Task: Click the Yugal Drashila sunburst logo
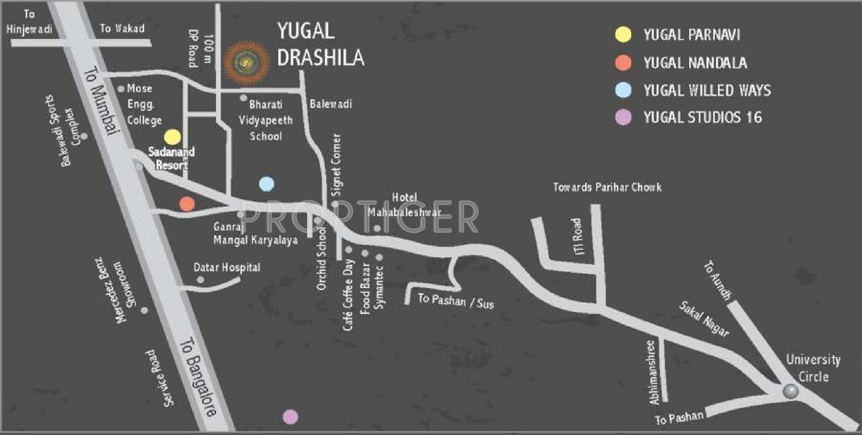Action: click(x=245, y=61)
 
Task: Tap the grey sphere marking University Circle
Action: click(x=790, y=391)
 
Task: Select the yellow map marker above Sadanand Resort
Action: click(x=172, y=137)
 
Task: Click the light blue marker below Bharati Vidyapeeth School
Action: click(x=266, y=184)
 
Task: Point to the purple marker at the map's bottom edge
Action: click(x=291, y=417)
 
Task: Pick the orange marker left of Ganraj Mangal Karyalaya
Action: click(x=187, y=204)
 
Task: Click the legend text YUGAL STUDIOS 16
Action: click(x=702, y=117)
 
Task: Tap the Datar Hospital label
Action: click(x=226, y=267)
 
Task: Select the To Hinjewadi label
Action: click(x=28, y=21)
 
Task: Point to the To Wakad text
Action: click(x=122, y=28)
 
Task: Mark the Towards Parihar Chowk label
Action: click(x=607, y=188)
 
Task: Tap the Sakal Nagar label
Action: click(x=703, y=319)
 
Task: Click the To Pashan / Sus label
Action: click(x=456, y=300)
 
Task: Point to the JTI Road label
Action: click(x=576, y=236)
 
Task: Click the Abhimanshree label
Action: click(x=655, y=372)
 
